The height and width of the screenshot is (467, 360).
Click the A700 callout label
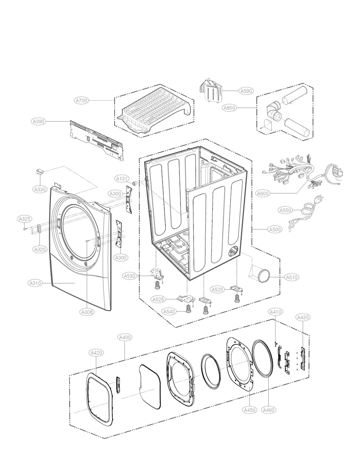[82, 100]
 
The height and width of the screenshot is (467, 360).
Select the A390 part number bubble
[37, 122]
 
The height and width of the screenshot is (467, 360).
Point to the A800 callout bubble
[230, 107]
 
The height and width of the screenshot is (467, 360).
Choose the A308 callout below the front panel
[87, 312]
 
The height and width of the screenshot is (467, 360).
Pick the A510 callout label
[292, 277]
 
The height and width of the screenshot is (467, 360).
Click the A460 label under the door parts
[268, 410]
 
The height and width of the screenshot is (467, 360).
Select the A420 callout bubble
[96, 353]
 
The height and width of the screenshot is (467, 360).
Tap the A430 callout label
[303, 317]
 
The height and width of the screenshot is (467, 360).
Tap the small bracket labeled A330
[40, 172]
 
